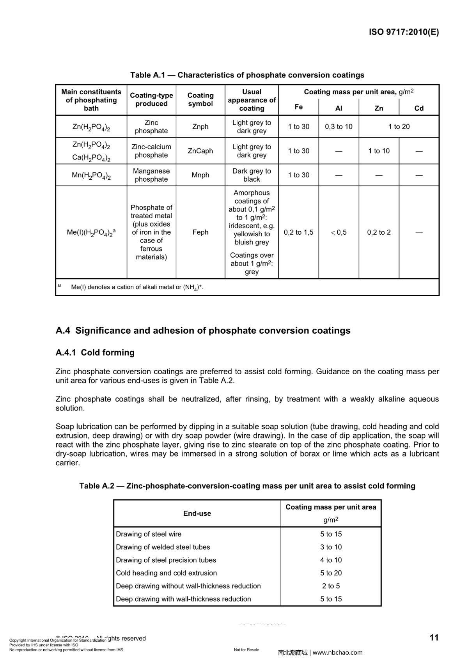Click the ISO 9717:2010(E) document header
coord(404,32)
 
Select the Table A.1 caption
coord(247,75)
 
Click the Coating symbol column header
coord(200,100)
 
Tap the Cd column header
coord(419,108)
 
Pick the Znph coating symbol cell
coord(200,127)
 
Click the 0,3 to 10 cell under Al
coord(339,127)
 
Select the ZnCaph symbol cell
coord(200,151)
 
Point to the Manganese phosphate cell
coord(151,175)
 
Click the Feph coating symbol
coord(200,232)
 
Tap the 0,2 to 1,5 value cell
coord(298,232)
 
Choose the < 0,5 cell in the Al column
coord(339,232)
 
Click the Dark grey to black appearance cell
coord(252,175)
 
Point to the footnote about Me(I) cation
coord(137,287)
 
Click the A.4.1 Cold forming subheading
coord(95,352)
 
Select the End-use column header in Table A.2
coord(197,513)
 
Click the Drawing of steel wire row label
coord(149,534)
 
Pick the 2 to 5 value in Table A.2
coord(331,586)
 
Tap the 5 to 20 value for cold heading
coord(331,573)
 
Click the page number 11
coord(434,638)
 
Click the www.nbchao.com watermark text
coord(338,653)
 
